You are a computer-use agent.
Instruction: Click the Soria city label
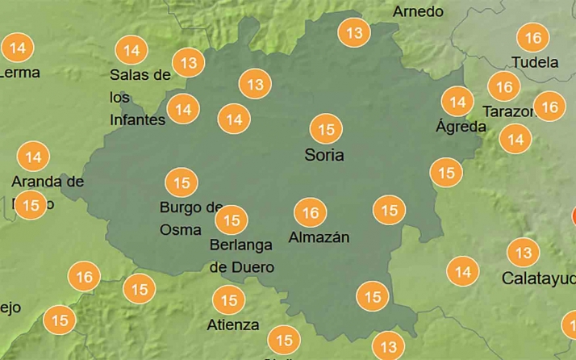323,154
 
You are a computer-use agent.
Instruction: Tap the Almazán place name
319,237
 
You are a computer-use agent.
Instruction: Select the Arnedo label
418,11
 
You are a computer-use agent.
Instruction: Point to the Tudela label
535,62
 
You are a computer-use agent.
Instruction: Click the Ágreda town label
461,127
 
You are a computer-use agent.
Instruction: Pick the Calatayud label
538,278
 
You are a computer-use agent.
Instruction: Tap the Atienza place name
233,324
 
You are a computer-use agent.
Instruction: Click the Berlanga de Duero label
242,255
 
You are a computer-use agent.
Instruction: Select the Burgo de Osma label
190,218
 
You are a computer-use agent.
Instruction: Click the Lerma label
20,72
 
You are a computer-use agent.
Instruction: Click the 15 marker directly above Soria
326,129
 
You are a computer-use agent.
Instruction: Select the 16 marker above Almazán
311,213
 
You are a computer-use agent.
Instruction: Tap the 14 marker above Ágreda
458,102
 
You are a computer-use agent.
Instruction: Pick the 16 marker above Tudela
532,37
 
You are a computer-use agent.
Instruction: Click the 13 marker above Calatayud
524,253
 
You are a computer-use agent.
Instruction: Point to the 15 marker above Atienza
228,301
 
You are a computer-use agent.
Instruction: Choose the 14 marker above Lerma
16,48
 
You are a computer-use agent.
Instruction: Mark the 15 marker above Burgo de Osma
181,182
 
